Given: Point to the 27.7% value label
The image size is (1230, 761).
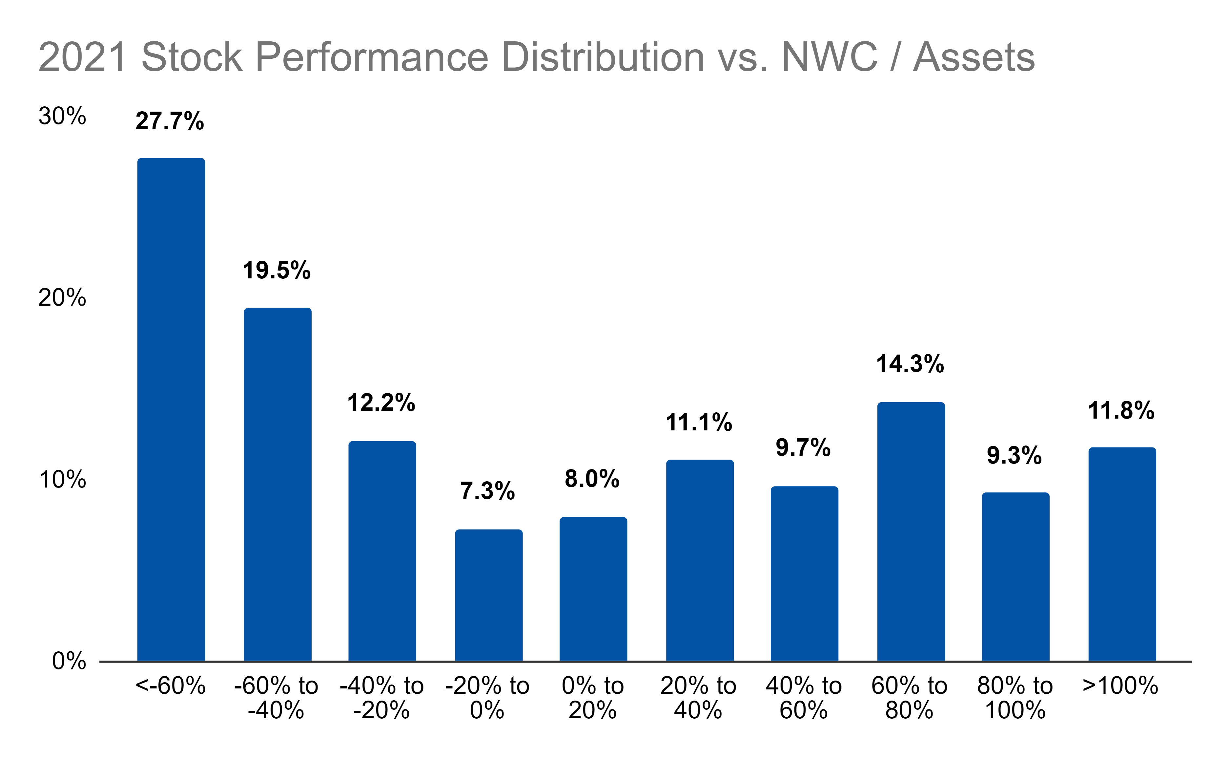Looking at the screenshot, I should pyautogui.click(x=170, y=121).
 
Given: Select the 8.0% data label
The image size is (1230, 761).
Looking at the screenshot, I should pyautogui.click(x=592, y=479).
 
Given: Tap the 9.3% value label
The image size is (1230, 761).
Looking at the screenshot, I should pyautogui.click(x=1014, y=455).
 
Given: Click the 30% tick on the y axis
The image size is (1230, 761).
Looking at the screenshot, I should pyautogui.click(x=62, y=116).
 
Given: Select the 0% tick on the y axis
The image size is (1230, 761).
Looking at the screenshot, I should pyautogui.click(x=69, y=661).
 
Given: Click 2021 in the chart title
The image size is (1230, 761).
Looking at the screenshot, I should pyautogui.click(x=82, y=57).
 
